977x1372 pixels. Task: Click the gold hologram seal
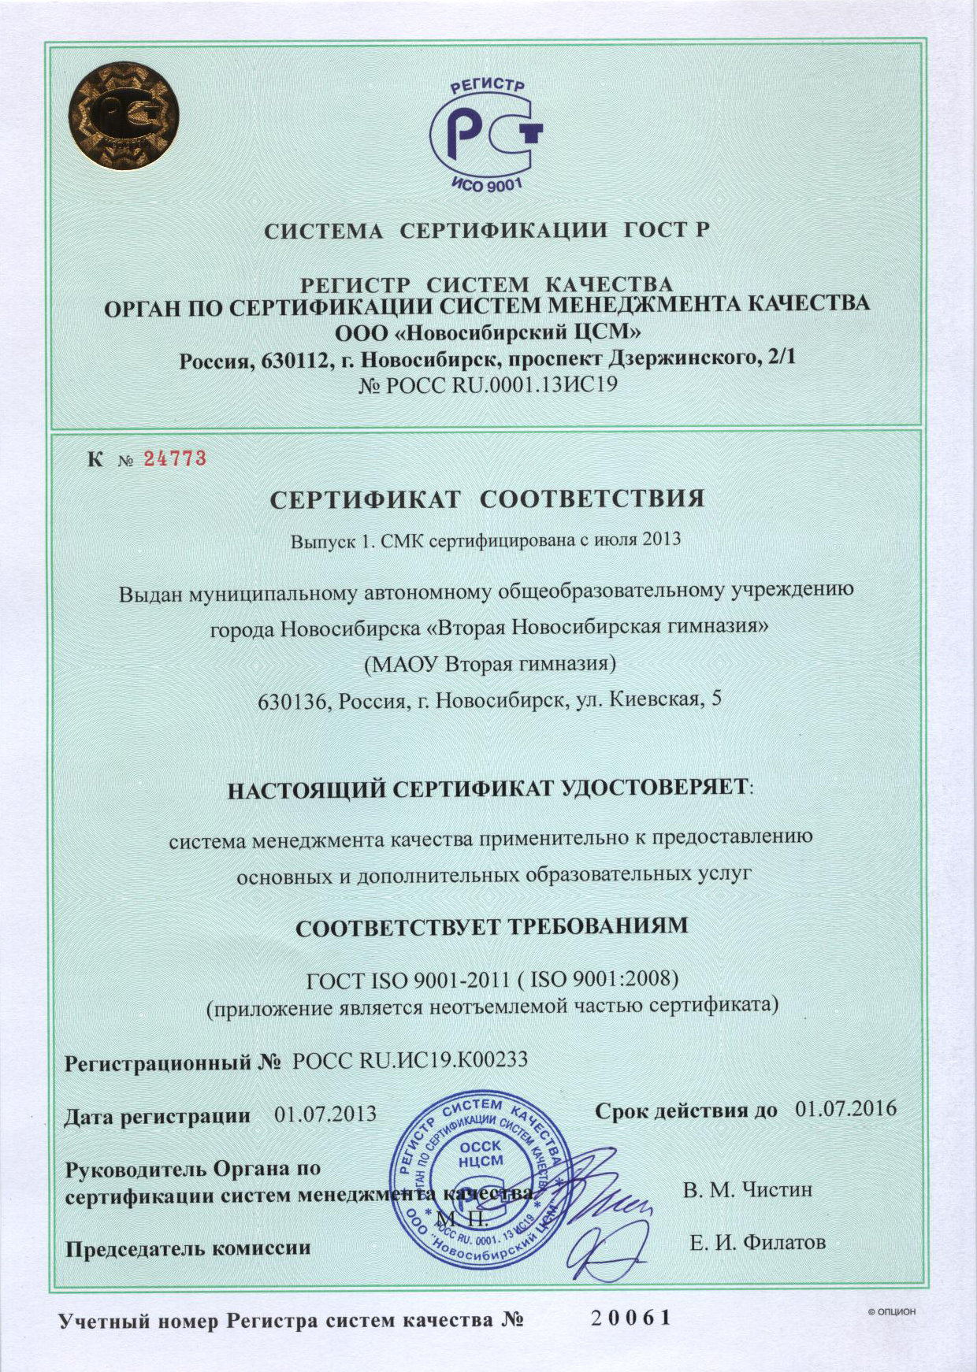[123, 122]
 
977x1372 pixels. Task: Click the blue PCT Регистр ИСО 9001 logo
[487, 135]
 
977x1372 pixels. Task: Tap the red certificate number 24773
[174, 458]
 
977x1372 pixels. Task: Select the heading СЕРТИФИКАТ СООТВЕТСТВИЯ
[487, 499]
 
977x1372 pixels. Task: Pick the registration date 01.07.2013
[325, 1114]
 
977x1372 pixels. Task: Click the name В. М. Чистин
[747, 1188]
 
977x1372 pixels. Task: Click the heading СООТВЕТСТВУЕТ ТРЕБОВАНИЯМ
[492, 925]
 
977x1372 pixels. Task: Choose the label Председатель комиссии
[188, 1248]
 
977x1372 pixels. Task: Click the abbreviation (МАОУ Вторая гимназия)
[489, 664]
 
